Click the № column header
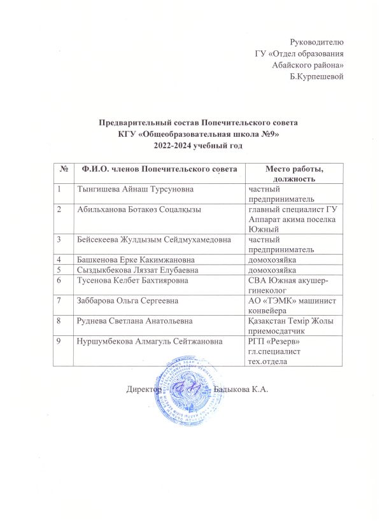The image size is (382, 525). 64,168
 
